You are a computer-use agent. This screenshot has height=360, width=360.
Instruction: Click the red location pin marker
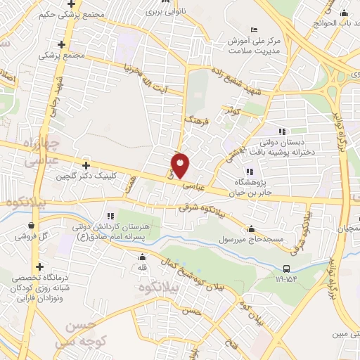[181, 165]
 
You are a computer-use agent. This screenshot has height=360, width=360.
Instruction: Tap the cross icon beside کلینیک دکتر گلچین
[86, 165]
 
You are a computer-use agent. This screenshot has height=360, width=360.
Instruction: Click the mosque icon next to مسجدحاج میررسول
[251, 229]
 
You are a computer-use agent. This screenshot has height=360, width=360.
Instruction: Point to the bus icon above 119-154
[286, 268]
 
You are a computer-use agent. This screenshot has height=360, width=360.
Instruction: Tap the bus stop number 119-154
[285, 279]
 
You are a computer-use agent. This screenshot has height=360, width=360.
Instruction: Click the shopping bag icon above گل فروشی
[30, 226]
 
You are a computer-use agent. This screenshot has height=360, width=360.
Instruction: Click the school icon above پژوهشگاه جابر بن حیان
[249, 171]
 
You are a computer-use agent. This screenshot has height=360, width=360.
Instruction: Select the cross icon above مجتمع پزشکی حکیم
[72, 4]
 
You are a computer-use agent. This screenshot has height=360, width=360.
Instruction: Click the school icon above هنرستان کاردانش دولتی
[110, 215]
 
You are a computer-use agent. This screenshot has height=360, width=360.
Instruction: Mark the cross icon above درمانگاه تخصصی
[39, 266]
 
